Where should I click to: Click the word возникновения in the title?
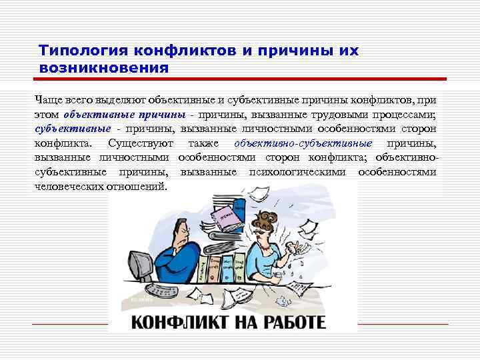tap(104, 67)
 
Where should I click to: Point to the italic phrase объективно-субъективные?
tap(303, 143)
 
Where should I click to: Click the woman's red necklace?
tap(266, 244)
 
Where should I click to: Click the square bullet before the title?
tap(27, 51)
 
